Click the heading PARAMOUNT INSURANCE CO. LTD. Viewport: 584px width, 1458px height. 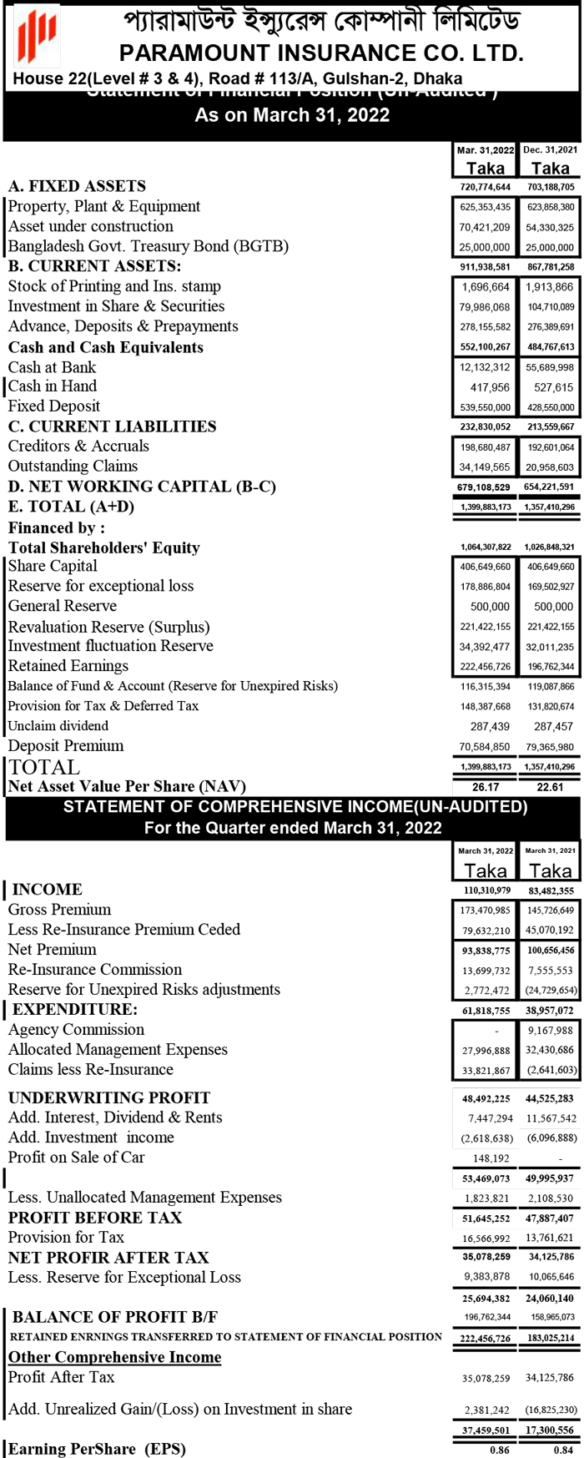[321, 53]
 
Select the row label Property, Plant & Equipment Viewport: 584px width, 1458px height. [104, 206]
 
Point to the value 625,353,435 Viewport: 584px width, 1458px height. [485, 207]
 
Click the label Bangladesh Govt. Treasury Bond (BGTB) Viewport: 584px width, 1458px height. [149, 246]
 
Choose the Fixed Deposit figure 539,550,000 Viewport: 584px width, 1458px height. [485, 407]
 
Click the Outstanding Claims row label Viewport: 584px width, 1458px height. [73, 466]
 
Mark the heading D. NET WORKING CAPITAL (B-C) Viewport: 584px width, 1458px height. [142, 487]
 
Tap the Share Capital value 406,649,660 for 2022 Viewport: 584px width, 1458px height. [485, 567]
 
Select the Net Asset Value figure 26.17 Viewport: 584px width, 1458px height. [486, 787]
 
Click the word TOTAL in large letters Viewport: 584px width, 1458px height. [44, 767]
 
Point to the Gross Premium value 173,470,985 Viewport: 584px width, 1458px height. [485, 911]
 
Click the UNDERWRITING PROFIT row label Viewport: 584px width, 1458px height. [109, 1097]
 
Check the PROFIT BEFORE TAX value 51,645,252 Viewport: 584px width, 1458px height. [486, 1218]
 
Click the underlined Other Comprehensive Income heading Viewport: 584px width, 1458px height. [115, 1357]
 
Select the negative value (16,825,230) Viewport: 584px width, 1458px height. [551, 1410]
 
